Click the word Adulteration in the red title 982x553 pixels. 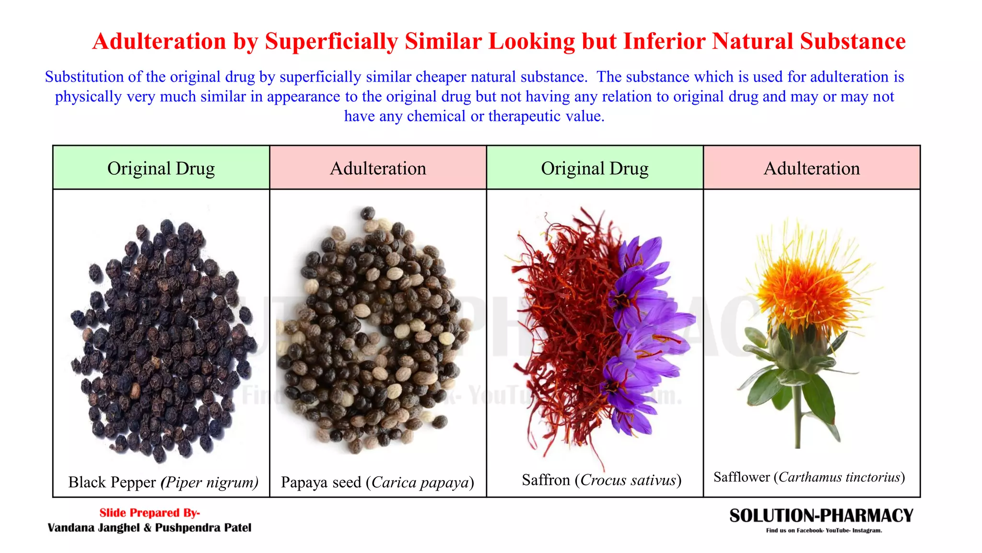pyautogui.click(x=159, y=41)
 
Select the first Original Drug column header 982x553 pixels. pyautogui.click(x=161, y=168)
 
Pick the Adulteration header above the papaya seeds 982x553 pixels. pyautogui.click(x=378, y=168)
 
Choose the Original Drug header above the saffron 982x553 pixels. pyautogui.click(x=595, y=168)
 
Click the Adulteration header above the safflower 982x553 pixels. pyautogui.click(x=811, y=168)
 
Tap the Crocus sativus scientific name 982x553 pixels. pyautogui.click(x=628, y=480)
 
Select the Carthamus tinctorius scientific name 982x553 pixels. pyautogui.click(x=839, y=477)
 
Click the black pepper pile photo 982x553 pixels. pyautogui.click(x=161, y=336)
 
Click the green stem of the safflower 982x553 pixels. pyautogui.click(x=798, y=418)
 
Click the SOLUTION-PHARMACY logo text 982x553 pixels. pyautogui.click(x=821, y=516)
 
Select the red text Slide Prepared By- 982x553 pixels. pyautogui.click(x=150, y=513)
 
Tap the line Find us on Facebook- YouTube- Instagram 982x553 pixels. pyautogui.click(x=824, y=530)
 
